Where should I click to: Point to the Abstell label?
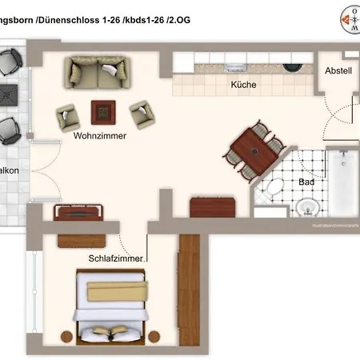(338, 70)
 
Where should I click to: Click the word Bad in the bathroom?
(306, 182)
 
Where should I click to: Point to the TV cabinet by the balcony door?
(78, 212)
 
